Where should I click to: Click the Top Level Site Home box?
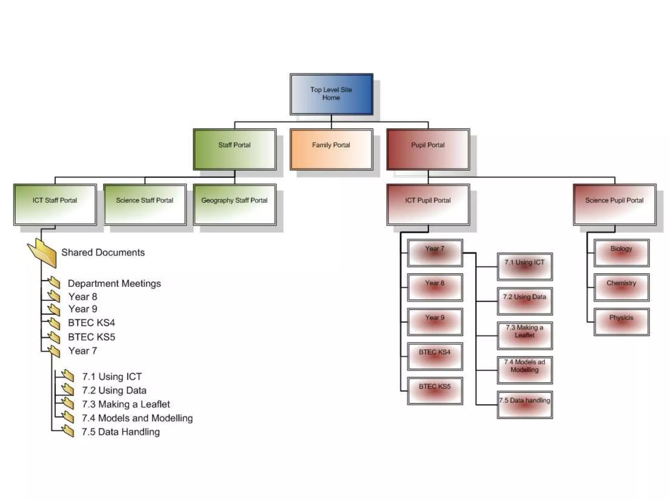[331, 94]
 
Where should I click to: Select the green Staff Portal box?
[235, 149]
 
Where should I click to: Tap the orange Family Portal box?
[331, 149]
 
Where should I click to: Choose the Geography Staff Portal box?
[235, 205]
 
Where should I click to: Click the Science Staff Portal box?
[145, 205]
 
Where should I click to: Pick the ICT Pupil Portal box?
[428, 205]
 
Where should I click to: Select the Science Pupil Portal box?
[614, 205]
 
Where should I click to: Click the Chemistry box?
[621, 287]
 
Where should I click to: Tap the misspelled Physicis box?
[621, 322]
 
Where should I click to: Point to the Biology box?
[621, 253]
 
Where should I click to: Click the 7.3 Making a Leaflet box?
[525, 336]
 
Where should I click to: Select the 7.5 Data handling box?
[525, 405]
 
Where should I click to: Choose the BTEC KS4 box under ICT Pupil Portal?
[435, 357]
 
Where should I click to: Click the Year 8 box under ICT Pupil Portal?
[435, 287]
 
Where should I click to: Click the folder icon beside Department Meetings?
[54, 282]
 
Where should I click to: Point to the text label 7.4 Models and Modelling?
[137, 418]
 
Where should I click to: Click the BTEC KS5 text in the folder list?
[91, 337]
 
